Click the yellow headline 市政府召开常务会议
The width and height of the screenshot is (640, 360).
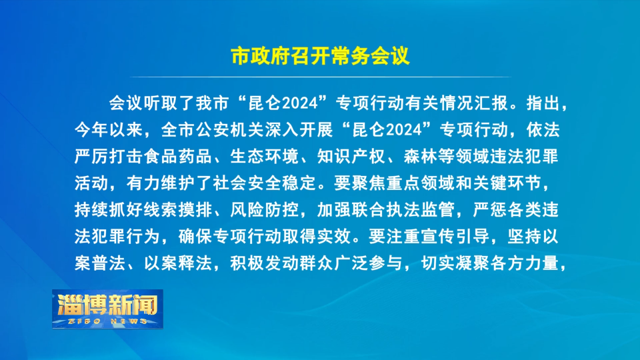[320, 56]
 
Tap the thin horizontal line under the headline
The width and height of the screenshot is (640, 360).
[321, 77]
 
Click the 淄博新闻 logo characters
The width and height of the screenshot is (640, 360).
[108, 305]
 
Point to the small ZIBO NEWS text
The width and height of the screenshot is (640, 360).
[108, 321]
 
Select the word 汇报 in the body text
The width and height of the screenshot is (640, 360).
[491, 103]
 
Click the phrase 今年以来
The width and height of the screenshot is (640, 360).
[109, 130]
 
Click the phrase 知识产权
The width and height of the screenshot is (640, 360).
[351, 156]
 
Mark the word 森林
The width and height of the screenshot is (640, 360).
[421, 156]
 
